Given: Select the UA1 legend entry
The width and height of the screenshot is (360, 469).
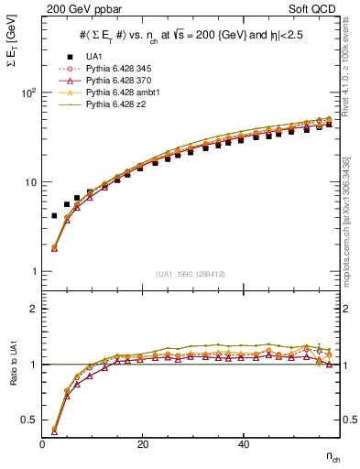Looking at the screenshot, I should click(93, 58).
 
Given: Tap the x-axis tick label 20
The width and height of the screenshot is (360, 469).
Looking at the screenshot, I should click(143, 444).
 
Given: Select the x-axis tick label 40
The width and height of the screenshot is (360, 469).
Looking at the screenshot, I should click(243, 444).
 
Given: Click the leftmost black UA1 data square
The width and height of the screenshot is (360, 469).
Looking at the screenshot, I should click(54, 215).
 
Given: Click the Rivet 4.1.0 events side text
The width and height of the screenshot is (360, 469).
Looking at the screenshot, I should click(353, 69).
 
